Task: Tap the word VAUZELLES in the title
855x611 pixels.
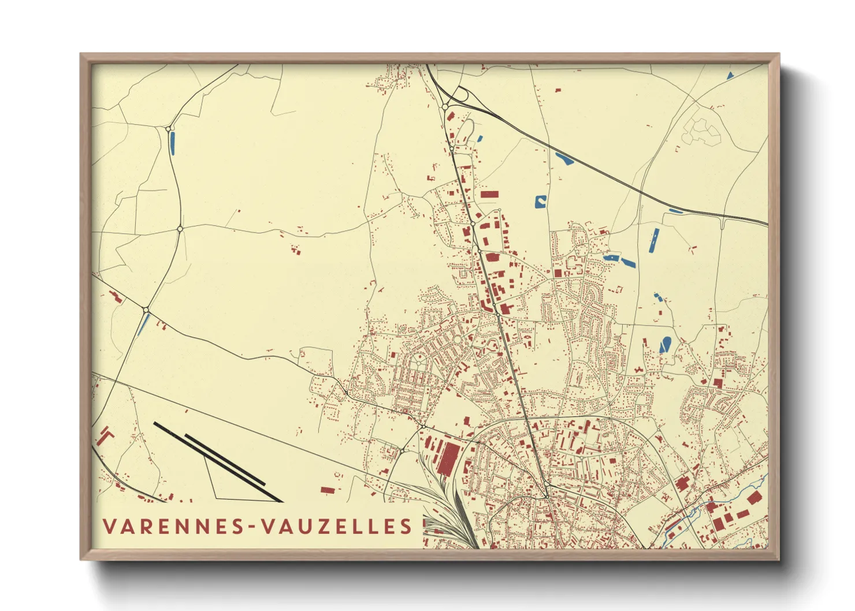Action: click(337, 526)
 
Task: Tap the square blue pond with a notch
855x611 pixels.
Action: click(540, 202)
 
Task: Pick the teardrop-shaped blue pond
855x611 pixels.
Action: click(665, 345)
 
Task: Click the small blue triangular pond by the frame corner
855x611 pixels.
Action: click(730, 75)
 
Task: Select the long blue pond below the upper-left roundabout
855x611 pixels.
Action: click(172, 143)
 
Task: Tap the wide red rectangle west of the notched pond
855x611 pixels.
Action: click(489, 195)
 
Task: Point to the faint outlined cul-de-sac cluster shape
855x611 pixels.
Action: click(701, 131)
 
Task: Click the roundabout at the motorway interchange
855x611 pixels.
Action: click(445, 107)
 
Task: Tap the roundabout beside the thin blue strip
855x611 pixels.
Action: click(146, 310)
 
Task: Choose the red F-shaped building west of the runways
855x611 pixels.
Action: click(105, 435)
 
